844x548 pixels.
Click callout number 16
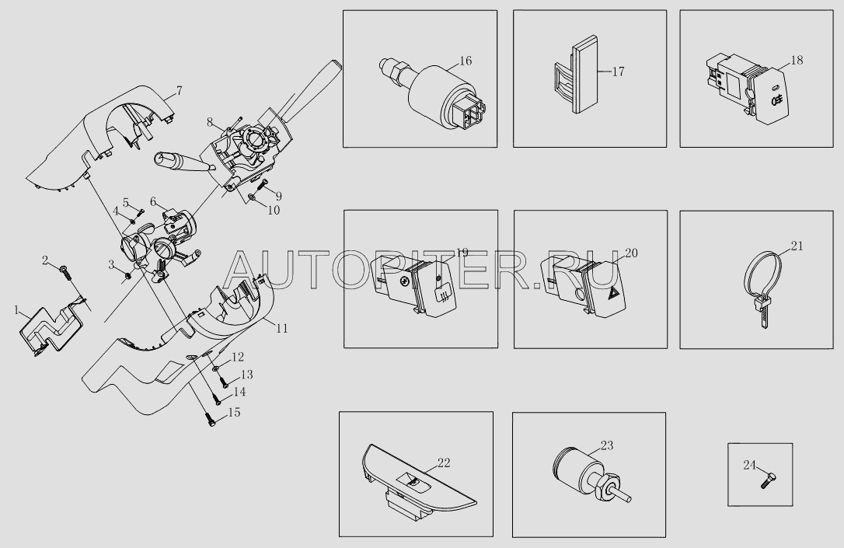coord(466,61)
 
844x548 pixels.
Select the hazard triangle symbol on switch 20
coord(612,293)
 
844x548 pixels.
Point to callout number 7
coord(180,90)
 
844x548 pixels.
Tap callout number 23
coord(607,445)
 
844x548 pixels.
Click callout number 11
coord(281,328)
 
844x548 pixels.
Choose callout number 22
coord(444,463)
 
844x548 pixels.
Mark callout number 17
coord(619,72)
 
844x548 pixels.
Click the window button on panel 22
coord(413,483)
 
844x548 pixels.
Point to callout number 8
coord(210,122)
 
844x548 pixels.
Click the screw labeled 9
coord(262,187)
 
